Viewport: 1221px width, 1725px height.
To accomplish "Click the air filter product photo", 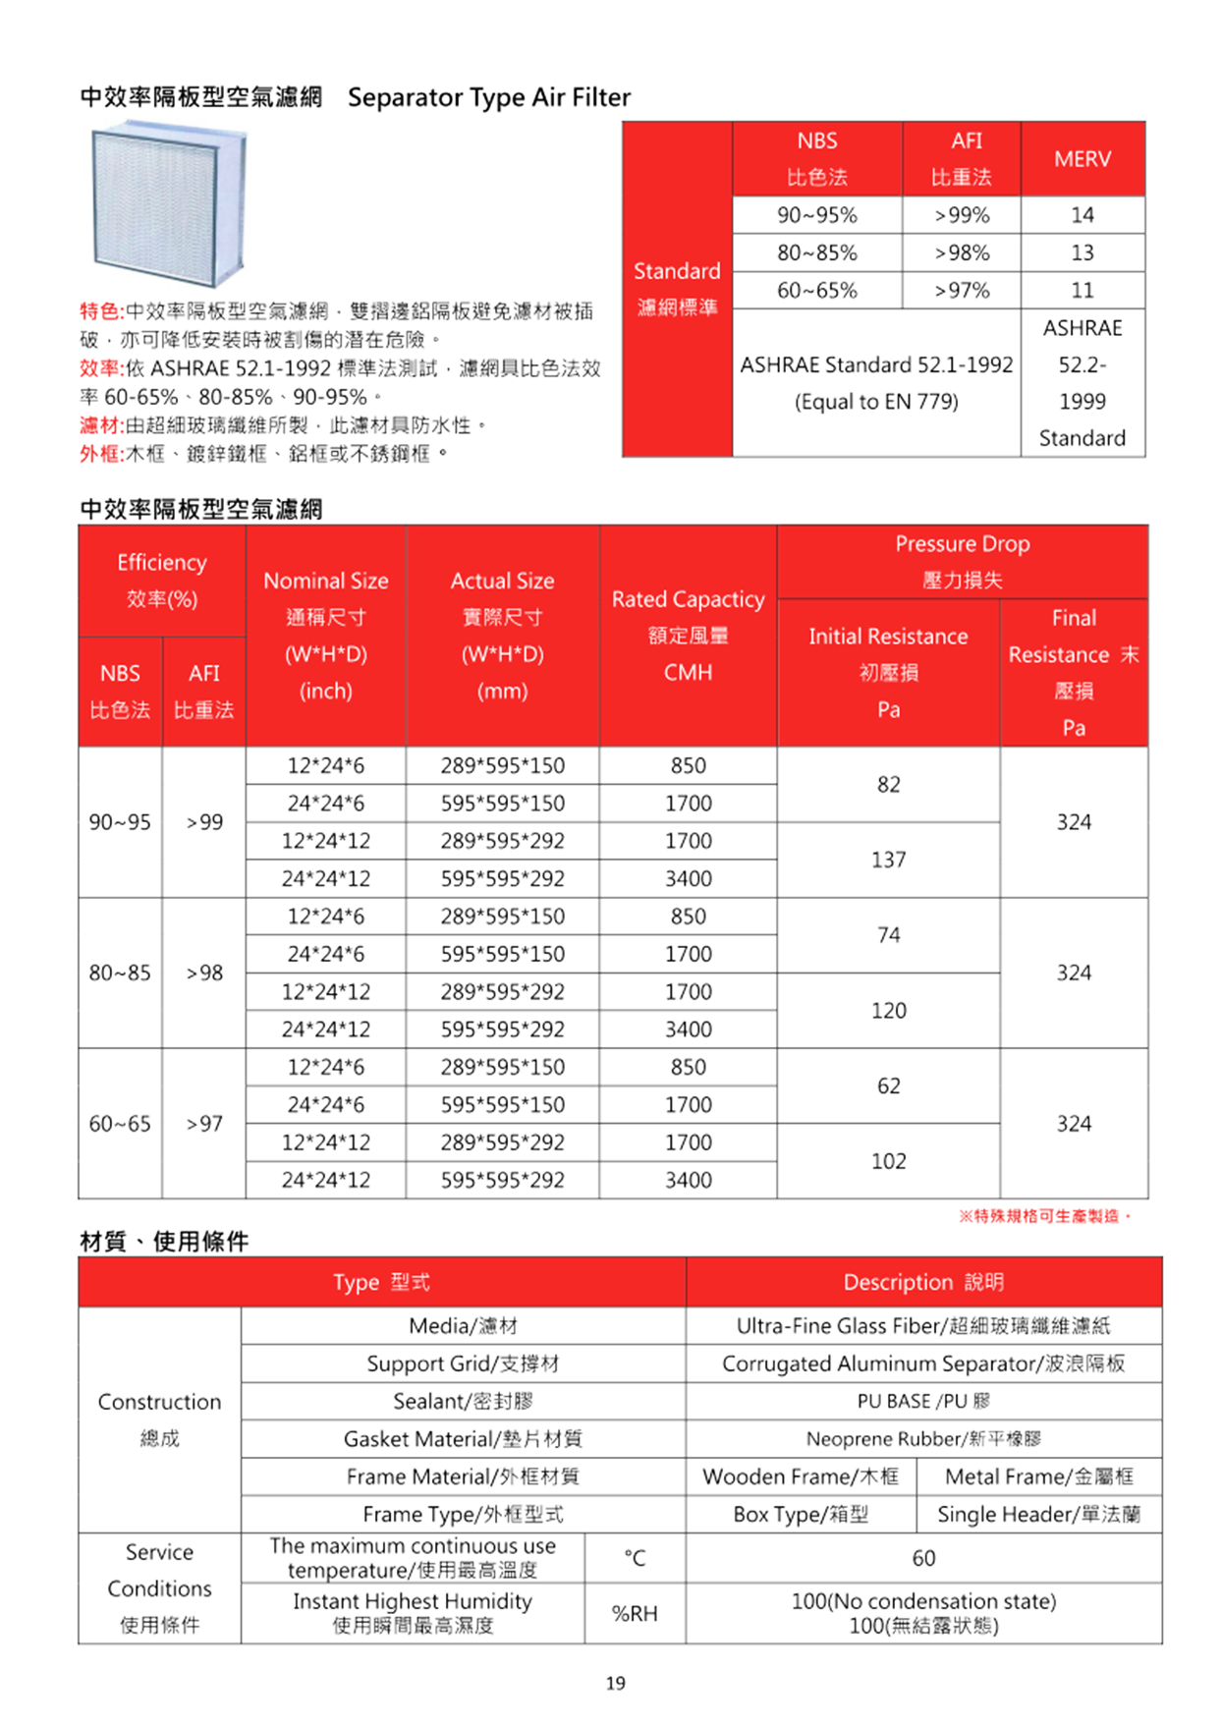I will [168, 203].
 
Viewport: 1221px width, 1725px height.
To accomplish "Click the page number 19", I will [615, 1683].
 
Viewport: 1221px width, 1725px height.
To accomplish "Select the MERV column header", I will [1082, 159].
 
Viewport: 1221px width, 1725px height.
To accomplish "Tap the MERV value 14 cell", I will [1082, 215].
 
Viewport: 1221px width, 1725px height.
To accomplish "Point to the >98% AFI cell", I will [961, 253].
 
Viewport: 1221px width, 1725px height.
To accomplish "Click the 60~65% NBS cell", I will [816, 291].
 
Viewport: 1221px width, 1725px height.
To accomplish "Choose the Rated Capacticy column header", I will [688, 635].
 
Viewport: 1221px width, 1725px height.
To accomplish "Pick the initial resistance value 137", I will [888, 860].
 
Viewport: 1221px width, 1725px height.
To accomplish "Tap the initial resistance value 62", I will [888, 1085].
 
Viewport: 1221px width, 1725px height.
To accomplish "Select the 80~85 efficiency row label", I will [120, 973].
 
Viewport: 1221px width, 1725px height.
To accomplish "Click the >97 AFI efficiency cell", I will [204, 1123].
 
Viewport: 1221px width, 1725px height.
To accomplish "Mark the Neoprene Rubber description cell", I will [922, 1439].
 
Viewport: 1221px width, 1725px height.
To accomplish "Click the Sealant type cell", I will [463, 1401].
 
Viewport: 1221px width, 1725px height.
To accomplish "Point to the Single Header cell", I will [1038, 1514].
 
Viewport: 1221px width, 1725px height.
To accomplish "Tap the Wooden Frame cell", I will [801, 1476].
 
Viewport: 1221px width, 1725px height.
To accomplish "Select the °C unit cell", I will [635, 1558].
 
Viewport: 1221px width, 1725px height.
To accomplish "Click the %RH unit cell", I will [635, 1613].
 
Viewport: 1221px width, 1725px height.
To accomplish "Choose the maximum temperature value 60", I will [923, 1558].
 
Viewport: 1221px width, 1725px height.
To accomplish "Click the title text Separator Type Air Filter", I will [489, 97].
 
